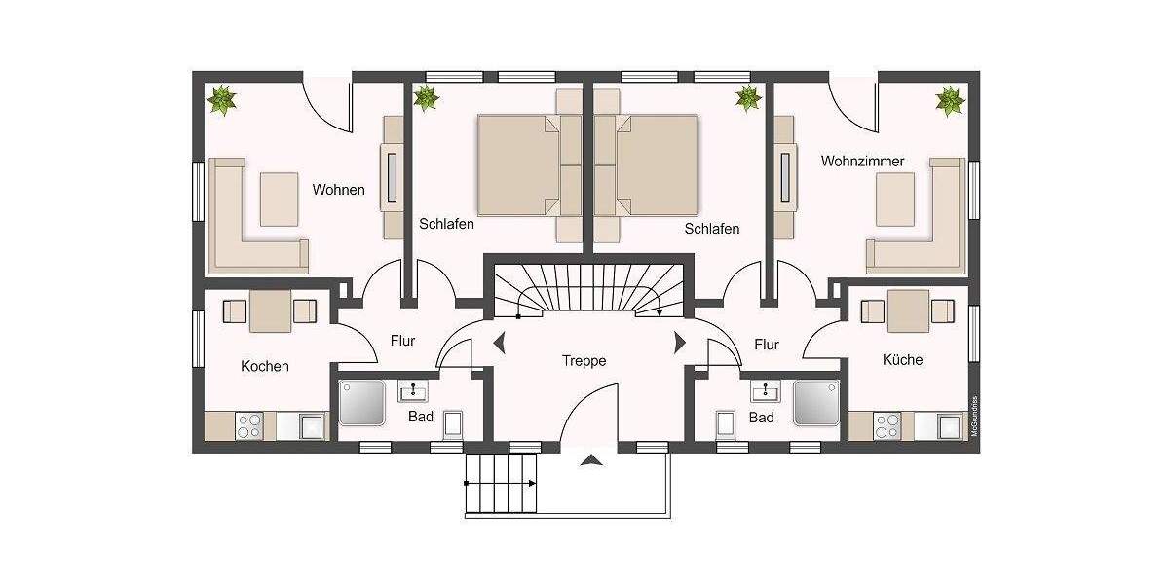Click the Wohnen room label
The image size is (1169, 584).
pos(338,190)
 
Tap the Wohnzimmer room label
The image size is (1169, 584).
pos(862,161)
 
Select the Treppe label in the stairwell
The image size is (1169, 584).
pos(584,361)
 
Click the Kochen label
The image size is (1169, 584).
pos(265,366)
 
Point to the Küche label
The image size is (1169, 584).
pos(902,360)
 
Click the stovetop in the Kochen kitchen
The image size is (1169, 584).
pos(249,425)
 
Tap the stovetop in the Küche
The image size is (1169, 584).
pos(886,425)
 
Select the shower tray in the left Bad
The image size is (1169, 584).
pos(363,403)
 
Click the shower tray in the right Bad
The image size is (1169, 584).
pos(816,403)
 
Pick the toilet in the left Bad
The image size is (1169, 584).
pos(454,425)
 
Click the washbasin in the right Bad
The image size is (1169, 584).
pos(764,392)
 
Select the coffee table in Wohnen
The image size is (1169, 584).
pos(279,199)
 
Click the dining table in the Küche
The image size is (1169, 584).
pos(908,310)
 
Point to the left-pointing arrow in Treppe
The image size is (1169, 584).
pos(500,343)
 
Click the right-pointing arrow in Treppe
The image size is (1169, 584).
pos(679,343)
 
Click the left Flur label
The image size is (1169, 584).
pos(402,341)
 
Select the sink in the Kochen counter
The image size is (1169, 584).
pos(313,426)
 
